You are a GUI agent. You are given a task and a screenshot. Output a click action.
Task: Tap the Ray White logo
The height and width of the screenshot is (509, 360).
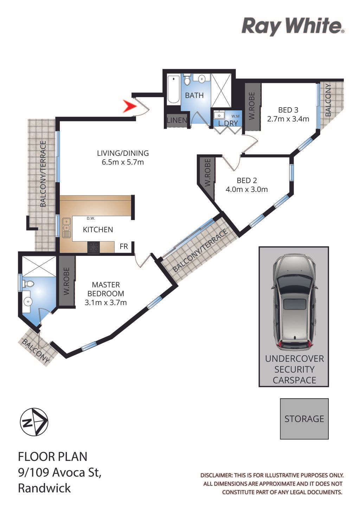click(293, 26)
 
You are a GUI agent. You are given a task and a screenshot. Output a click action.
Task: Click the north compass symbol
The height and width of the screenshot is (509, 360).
click(34, 422)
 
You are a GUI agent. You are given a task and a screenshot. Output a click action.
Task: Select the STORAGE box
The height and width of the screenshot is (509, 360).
click(304, 419)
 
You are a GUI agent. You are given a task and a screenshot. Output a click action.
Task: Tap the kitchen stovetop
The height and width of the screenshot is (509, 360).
click(94, 247)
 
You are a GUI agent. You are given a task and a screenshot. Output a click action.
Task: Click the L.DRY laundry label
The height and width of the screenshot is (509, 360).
click(228, 123)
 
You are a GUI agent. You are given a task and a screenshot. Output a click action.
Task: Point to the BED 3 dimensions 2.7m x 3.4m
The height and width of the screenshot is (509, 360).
click(288, 119)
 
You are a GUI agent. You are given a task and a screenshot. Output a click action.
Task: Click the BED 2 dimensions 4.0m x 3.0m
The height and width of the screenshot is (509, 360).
click(246, 189)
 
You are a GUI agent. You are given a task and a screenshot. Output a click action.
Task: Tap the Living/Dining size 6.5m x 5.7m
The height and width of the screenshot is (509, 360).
click(123, 162)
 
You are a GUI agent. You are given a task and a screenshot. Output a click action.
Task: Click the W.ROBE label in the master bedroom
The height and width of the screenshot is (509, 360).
click(66, 281)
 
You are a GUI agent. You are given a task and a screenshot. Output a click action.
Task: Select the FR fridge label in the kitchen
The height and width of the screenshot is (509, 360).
click(124, 246)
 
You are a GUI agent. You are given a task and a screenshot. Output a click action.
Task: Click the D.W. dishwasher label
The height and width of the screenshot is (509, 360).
click(91, 219)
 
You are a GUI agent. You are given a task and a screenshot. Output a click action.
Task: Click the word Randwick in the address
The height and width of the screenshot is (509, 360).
click(44, 488)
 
